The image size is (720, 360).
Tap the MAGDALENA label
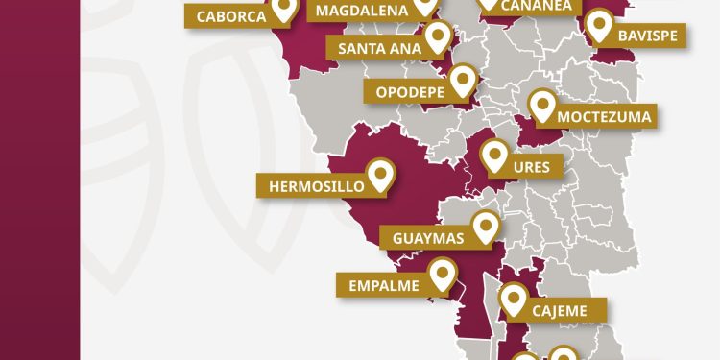click(361, 10)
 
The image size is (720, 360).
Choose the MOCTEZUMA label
click(604, 117)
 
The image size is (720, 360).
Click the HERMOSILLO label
click(310, 185)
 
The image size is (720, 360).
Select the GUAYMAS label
click(428, 237)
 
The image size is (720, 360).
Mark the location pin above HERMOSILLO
click(381, 176)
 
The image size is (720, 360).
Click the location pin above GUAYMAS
click(486, 228)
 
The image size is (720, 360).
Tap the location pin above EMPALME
click(442, 276)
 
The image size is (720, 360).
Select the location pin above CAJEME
click(515, 300)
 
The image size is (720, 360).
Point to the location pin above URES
click(494, 156)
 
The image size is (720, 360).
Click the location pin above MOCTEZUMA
click(542, 105)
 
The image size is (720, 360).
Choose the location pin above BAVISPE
click(601, 25)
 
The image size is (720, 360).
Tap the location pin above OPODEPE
click(464, 80)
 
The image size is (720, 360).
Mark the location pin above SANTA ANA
click(439, 37)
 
